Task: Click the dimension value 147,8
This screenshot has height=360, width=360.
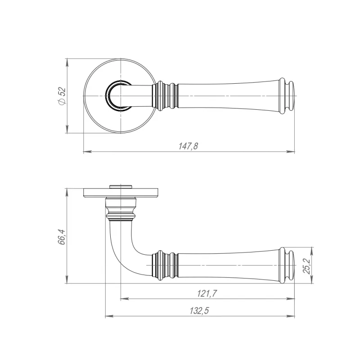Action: pyautogui.click(x=188, y=146)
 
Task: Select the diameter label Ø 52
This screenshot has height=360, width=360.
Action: pyautogui.click(x=62, y=96)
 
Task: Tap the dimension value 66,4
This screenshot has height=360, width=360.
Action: pyautogui.click(x=62, y=237)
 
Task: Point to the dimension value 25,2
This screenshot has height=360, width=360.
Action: pyautogui.click(x=306, y=266)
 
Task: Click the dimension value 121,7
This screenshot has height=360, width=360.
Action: pyautogui.click(x=207, y=293)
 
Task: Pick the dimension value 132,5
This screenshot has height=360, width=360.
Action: pyautogui.click(x=199, y=311)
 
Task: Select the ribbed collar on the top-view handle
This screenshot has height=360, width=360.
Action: pyautogui.click(x=165, y=96)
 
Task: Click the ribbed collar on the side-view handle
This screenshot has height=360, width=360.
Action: pyautogui.click(x=165, y=265)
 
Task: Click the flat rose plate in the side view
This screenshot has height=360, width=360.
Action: pyautogui.click(x=121, y=193)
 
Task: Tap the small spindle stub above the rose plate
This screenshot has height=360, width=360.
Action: pyautogui.click(x=121, y=186)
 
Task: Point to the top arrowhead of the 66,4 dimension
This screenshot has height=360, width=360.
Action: pyautogui.click(x=67, y=193)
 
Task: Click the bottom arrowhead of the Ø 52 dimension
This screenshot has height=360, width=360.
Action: pyautogui.click(x=67, y=129)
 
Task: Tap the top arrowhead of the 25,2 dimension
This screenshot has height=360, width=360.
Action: pyautogui.click(x=311, y=252)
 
